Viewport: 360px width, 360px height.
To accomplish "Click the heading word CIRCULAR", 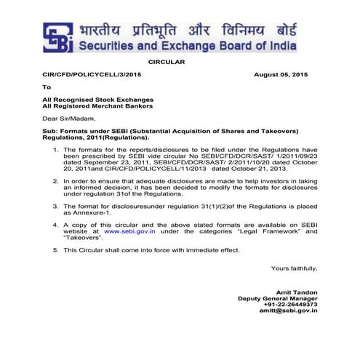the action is pyautogui.click(x=167, y=63).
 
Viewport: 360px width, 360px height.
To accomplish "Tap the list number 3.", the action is pyautogui.click(x=56, y=207).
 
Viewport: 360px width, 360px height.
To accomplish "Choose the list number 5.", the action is pyautogui.click(x=56, y=249).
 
